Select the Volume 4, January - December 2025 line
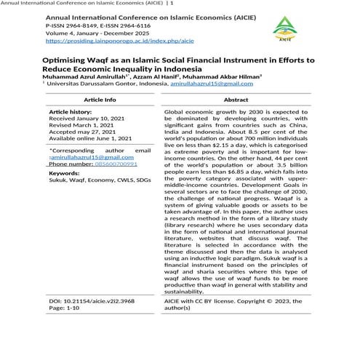pyautogui.click(x=98, y=33)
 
